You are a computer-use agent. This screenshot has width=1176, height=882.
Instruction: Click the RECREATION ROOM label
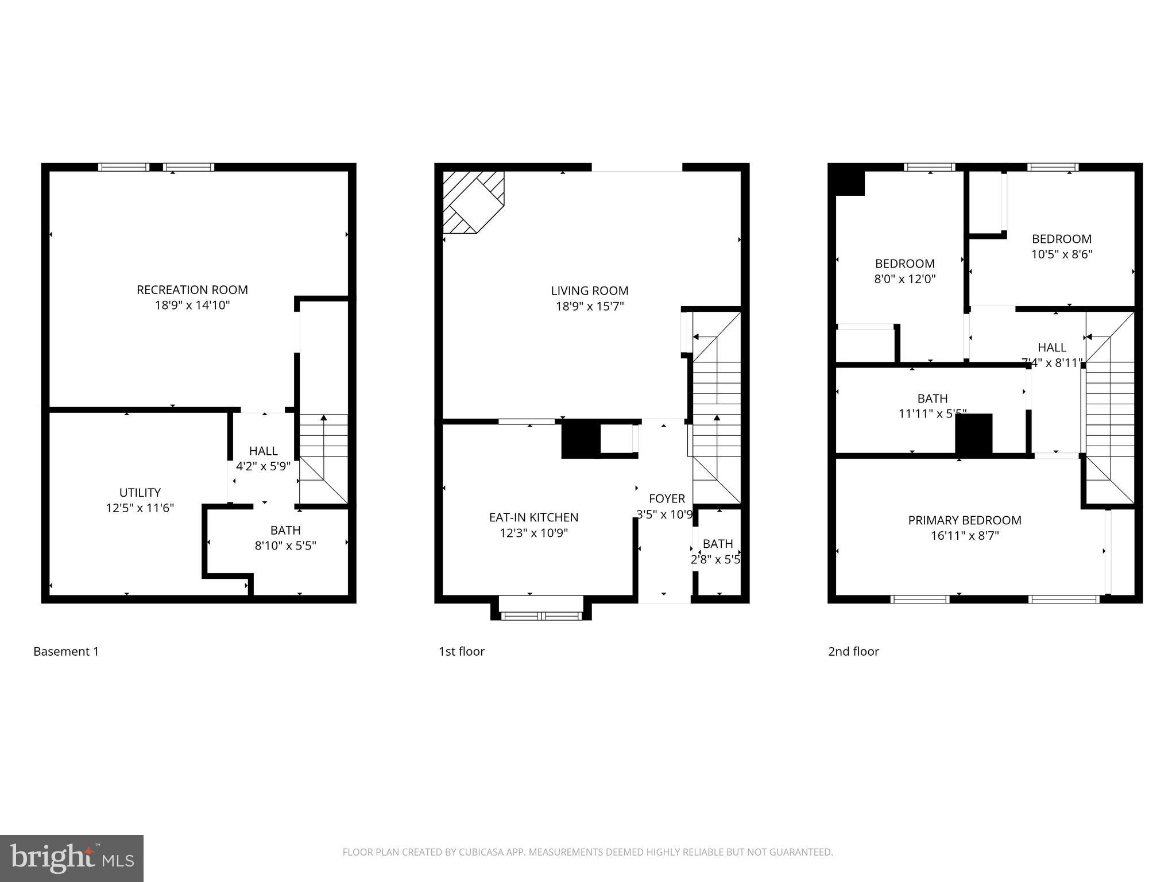click(192, 290)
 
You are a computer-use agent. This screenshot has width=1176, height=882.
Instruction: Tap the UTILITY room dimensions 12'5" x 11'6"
click(140, 508)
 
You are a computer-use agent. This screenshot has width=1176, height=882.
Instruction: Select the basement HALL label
click(263, 451)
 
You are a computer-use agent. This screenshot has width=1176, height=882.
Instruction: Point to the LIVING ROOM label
click(589, 291)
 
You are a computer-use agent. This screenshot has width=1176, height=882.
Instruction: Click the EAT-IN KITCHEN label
click(533, 517)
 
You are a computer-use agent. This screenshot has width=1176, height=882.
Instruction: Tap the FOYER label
click(667, 499)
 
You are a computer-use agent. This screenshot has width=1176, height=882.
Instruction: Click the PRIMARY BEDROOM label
click(964, 521)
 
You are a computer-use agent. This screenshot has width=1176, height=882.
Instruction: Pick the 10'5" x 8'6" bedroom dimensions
click(1061, 254)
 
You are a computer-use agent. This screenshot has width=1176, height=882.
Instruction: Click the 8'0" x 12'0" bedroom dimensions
click(904, 280)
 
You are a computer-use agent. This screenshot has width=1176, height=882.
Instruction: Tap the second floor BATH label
click(932, 399)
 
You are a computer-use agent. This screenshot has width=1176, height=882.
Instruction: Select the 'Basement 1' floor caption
click(66, 652)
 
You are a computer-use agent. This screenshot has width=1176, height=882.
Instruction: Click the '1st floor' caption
click(461, 652)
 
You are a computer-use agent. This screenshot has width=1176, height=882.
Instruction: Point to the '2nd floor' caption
click(853, 652)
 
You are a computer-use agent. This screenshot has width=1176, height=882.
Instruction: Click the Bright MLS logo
click(71, 858)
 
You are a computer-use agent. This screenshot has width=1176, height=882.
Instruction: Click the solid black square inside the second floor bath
click(973, 434)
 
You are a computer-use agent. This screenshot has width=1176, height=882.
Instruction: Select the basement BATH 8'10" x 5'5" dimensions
click(285, 546)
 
